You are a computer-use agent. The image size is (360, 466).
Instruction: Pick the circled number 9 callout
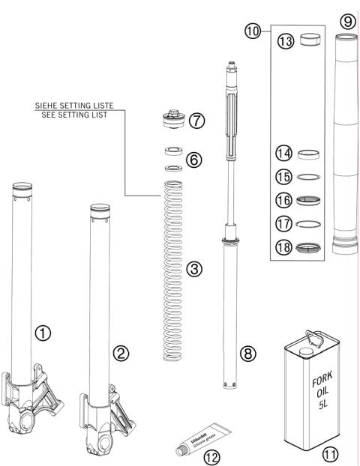(x=347, y=22)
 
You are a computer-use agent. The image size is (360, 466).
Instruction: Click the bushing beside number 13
(x=306, y=40)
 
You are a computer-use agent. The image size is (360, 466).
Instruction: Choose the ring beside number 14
(x=306, y=157)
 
